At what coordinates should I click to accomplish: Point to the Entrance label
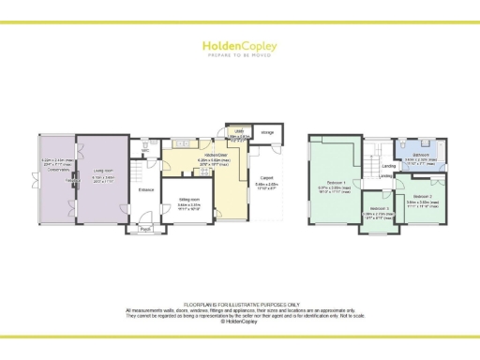tap(145, 190)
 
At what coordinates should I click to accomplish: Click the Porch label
tap(145, 229)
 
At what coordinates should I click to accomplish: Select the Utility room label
tap(240, 133)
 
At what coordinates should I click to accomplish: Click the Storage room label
tap(267, 133)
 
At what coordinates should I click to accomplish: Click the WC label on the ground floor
tap(146, 145)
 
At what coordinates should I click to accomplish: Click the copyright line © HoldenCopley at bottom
tap(240, 322)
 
